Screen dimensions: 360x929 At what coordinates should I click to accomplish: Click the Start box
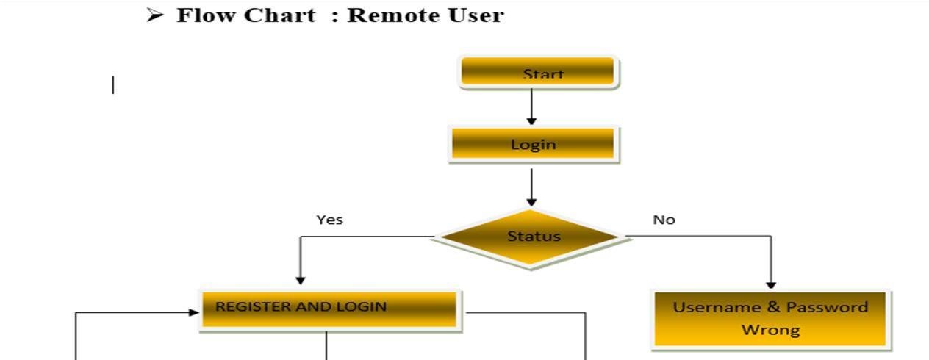(538, 73)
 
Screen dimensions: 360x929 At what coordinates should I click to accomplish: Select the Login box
(534, 144)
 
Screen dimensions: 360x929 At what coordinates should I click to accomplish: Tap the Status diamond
(531, 237)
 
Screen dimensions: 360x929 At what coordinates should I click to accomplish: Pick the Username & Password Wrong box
(770, 319)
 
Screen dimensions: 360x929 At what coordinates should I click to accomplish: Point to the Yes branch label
(329, 220)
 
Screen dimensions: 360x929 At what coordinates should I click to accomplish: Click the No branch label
(664, 220)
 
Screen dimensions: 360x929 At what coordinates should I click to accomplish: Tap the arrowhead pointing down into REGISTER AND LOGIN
(300, 279)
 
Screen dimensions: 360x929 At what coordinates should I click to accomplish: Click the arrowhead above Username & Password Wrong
(771, 284)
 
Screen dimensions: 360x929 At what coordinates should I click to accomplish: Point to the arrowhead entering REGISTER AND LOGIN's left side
(194, 312)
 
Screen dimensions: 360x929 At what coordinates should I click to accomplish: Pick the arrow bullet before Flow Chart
(154, 15)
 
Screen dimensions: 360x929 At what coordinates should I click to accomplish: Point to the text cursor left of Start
(113, 86)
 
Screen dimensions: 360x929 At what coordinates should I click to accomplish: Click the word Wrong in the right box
(770, 330)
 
